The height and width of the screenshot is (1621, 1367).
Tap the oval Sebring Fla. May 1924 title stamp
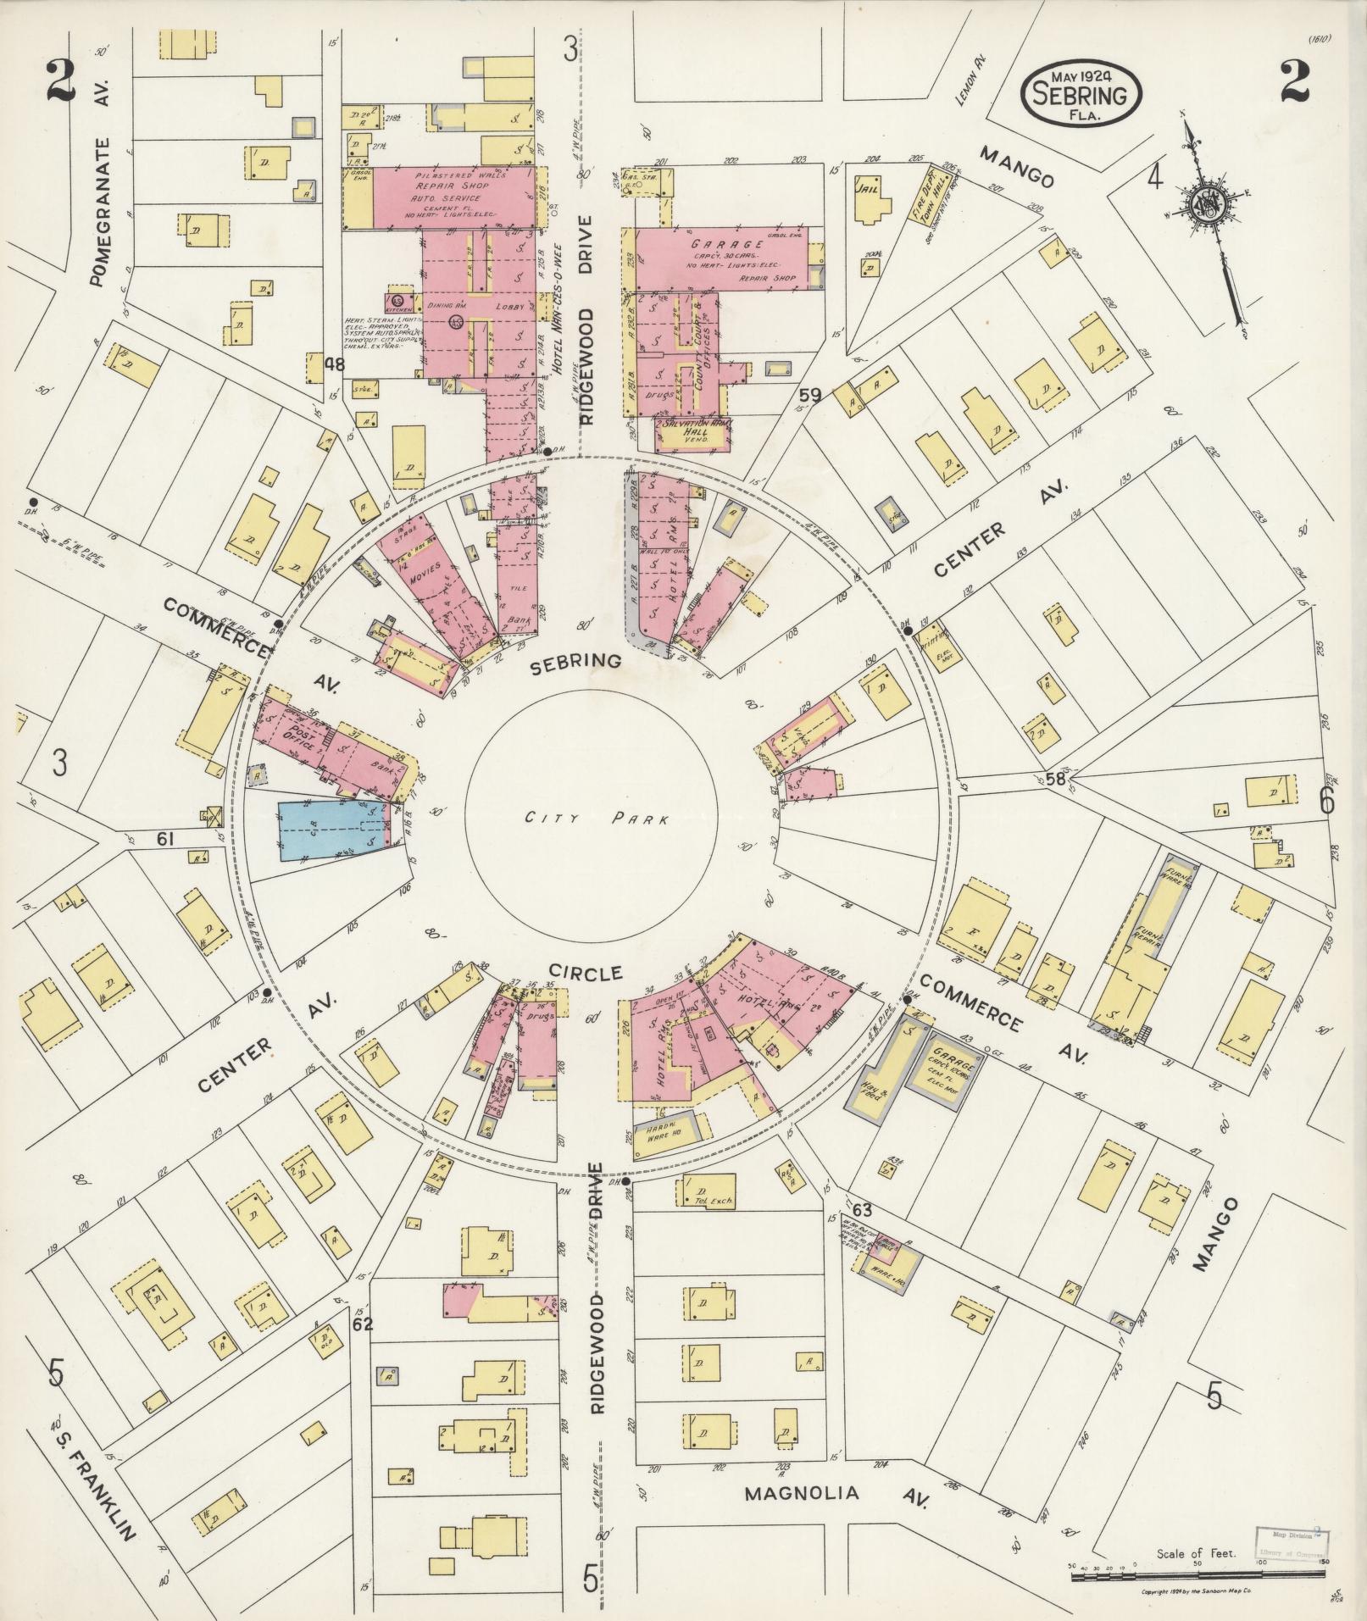(x=1081, y=93)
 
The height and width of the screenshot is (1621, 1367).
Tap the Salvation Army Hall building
(x=692, y=432)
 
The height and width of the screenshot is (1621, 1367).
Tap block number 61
(x=165, y=839)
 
